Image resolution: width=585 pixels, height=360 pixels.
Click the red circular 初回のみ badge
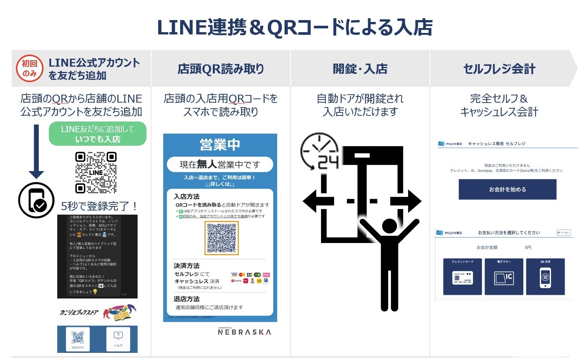(29, 69)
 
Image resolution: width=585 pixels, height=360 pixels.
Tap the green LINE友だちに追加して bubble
(98, 134)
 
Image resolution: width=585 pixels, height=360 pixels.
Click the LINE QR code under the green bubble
(96, 173)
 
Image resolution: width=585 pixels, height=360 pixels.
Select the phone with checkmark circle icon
(36, 200)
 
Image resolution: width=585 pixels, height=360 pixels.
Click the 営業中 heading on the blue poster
(220, 145)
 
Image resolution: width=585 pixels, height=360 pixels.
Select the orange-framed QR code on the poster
(222, 238)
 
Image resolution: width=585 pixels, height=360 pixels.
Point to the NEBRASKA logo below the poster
(244, 332)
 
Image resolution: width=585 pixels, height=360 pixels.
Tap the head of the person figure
(389, 226)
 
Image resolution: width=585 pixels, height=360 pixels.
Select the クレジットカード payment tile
(462, 277)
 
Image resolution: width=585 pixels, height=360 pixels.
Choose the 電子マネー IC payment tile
(504, 277)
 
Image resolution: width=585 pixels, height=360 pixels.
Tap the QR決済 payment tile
(545, 277)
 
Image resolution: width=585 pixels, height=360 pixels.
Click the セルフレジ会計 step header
(499, 69)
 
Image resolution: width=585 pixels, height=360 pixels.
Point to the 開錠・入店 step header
(360, 69)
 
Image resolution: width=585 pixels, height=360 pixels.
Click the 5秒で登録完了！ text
(100, 206)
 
